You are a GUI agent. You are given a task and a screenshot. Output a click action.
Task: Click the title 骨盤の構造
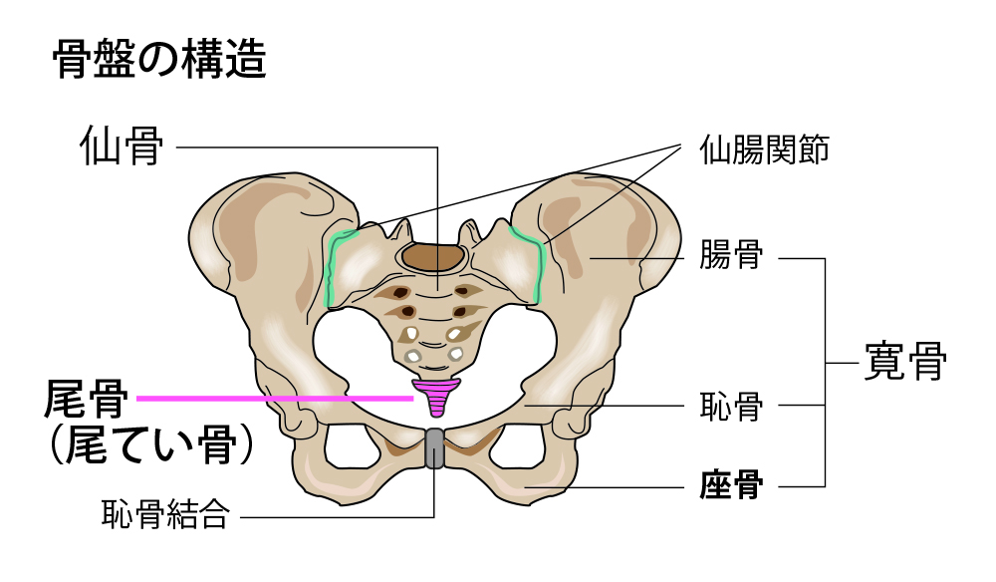(158, 62)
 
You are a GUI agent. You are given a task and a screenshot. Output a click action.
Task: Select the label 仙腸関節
(764, 151)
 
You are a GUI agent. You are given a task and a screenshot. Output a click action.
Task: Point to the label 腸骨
(731, 257)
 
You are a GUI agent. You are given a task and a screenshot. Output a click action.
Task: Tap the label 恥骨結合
(165, 514)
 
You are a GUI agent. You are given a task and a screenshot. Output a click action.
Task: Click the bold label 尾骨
(87, 400)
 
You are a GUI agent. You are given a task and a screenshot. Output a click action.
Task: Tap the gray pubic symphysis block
(435, 448)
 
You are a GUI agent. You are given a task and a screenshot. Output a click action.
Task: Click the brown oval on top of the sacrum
(434, 258)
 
